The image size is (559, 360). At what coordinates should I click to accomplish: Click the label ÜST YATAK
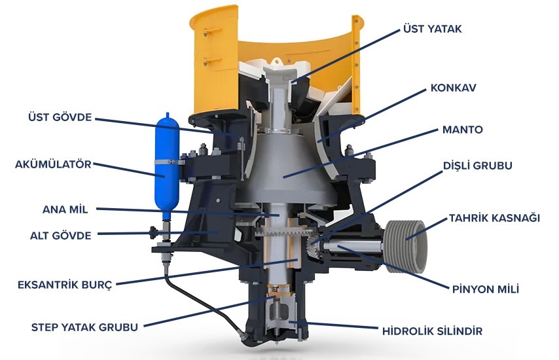[x=432, y=29]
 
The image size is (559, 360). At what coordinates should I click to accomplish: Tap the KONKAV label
[x=453, y=88]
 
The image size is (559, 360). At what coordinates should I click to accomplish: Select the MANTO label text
[x=462, y=130]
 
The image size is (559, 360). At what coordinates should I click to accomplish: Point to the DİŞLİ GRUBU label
[x=477, y=166]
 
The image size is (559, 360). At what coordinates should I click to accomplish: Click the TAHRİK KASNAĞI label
[x=494, y=218]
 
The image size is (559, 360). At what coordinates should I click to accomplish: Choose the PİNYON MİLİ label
[x=485, y=289]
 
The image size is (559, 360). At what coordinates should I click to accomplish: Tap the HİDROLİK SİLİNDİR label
[x=432, y=331]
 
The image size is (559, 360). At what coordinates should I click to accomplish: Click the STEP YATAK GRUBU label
[x=84, y=327]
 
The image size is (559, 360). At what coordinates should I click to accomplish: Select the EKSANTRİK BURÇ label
[x=65, y=285]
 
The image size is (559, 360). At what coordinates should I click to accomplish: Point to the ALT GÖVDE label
[x=61, y=235]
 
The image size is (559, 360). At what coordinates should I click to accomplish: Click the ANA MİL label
[x=65, y=209]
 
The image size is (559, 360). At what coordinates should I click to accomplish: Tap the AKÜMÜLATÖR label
[x=53, y=164]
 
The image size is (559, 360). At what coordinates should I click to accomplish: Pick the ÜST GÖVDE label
[x=60, y=117]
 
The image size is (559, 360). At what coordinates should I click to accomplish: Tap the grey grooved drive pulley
[x=406, y=247]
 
